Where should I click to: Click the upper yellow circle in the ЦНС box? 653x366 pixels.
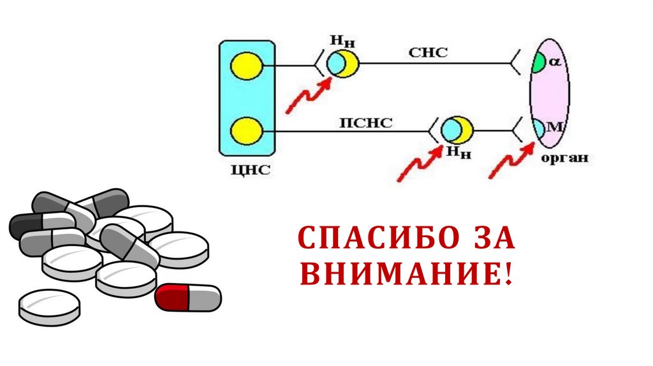(247, 66)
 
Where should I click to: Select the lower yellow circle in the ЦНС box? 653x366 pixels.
(247, 131)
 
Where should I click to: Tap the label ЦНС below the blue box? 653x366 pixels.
(247, 170)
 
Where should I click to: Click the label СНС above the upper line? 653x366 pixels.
(427, 53)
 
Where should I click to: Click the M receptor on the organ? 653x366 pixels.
(541, 128)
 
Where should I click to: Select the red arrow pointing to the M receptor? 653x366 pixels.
(511, 160)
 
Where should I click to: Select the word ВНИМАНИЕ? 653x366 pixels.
(406, 274)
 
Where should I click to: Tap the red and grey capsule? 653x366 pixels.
(188, 297)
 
